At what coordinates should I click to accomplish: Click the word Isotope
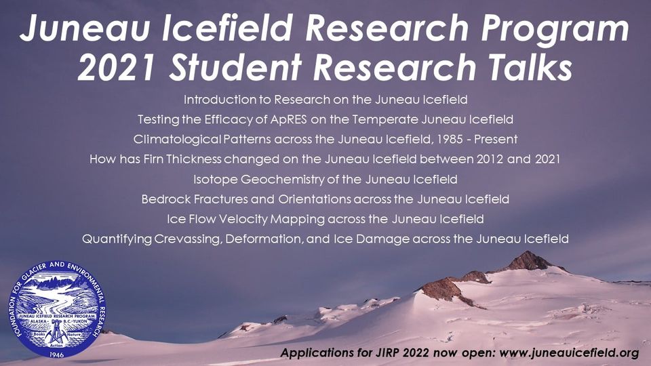point(215,179)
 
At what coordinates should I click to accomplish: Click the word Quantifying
point(117,239)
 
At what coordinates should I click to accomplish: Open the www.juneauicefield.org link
point(569,352)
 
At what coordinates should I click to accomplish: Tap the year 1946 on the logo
point(56,354)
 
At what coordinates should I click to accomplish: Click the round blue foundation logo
point(56,309)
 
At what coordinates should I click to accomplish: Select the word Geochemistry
point(282,179)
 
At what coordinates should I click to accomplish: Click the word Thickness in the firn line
point(194,159)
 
